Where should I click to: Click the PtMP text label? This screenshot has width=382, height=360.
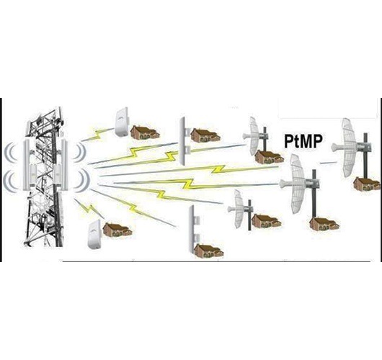coord(303,141)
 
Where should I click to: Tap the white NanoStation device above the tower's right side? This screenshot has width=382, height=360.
coord(122,122)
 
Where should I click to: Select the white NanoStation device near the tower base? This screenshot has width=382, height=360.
coord(94,235)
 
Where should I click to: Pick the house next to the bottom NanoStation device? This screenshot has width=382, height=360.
coord(117,230)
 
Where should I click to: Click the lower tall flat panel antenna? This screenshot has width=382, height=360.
coord(195,229)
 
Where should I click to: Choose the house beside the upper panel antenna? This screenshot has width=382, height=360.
coord(205,135)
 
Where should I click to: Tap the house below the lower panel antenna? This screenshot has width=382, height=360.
coord(209,251)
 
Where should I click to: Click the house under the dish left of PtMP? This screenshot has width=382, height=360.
coord(270,157)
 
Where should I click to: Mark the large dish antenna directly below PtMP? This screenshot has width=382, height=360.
coord(300,184)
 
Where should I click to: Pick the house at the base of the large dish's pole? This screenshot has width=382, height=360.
coord(324,224)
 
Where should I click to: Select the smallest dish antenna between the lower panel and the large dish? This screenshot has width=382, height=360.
coord(241,210)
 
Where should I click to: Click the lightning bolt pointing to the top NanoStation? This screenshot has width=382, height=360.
coord(98,135)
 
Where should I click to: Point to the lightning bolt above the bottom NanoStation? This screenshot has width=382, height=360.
coord(89,209)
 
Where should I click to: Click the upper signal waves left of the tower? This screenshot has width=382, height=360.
coord(11,153)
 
